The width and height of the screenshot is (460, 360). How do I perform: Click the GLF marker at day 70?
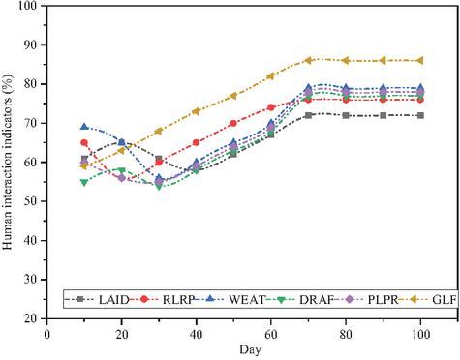[x=308, y=60]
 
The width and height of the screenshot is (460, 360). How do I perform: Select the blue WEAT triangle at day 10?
[x=84, y=127]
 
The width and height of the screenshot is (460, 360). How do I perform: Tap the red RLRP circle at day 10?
[x=84, y=142]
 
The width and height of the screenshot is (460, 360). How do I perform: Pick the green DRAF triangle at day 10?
[x=84, y=182]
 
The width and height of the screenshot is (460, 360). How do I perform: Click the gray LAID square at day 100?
[x=420, y=115]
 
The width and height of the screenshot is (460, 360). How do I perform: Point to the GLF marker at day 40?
[x=196, y=111]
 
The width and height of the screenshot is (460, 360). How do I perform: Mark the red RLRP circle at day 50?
[x=233, y=123]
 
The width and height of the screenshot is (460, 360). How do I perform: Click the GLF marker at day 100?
[x=420, y=60]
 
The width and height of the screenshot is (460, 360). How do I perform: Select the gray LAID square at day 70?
[x=308, y=115]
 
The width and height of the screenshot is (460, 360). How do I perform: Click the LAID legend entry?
[x=97, y=300]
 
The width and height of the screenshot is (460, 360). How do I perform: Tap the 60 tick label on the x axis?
[x=271, y=335]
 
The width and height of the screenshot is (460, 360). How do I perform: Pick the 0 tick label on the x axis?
[x=47, y=335]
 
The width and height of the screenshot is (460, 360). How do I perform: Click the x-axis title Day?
[x=251, y=350]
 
